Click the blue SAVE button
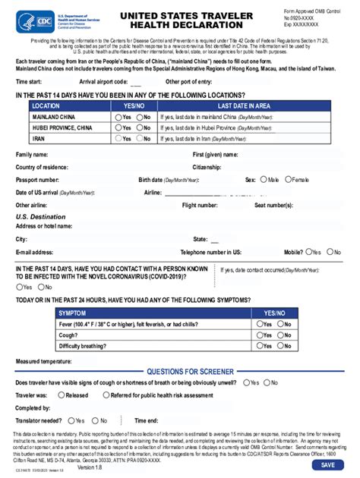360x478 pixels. click(327, 464)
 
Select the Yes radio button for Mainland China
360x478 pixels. click(118, 118)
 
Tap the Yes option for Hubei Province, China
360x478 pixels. click(118, 128)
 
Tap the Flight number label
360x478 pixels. click(200, 205)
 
